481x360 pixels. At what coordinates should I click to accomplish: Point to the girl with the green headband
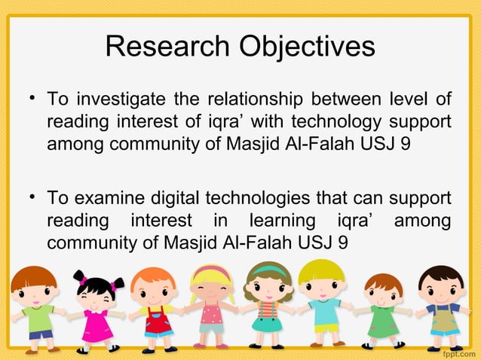(268, 305)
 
